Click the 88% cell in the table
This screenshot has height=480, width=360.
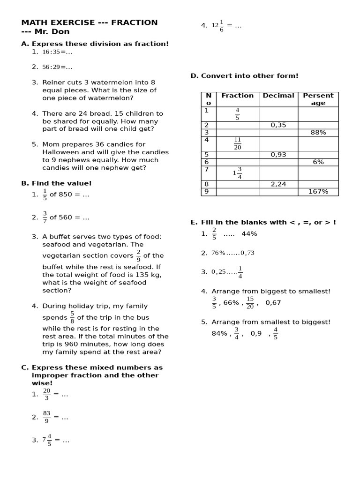pyautogui.click(x=318, y=133)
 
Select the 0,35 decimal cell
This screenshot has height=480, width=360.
pyautogui.click(x=278, y=125)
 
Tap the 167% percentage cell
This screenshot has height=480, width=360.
pyautogui.click(x=318, y=192)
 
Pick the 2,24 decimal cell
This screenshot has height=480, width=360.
pyautogui.click(x=278, y=184)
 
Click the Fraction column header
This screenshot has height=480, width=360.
pyautogui.click(x=237, y=96)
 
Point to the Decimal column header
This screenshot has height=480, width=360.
pyautogui.click(x=278, y=96)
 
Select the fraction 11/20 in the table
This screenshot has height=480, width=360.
pyautogui.click(x=237, y=143)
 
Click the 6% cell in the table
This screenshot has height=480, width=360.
pyautogui.click(x=318, y=162)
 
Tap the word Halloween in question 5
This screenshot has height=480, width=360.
pyautogui.click(x=61, y=152)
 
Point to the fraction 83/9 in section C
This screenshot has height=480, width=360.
pyautogui.click(x=46, y=417)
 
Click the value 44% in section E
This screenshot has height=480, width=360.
pyautogui.click(x=249, y=234)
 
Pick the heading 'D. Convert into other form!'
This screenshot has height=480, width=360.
pyautogui.click(x=244, y=76)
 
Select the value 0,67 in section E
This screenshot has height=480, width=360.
pyautogui.click(x=273, y=303)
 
